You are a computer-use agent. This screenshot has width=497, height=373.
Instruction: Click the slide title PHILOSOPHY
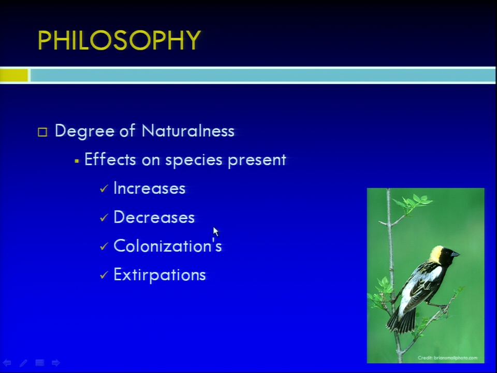click(119, 40)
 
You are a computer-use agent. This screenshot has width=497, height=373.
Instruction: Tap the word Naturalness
click(188, 131)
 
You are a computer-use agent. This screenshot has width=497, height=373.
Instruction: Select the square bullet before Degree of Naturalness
click(42, 132)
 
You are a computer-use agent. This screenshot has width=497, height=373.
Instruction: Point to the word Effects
click(110, 159)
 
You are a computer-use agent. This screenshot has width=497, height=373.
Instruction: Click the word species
click(194, 160)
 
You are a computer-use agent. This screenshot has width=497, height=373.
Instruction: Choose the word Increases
click(150, 188)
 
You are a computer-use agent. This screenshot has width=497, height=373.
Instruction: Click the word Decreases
click(154, 217)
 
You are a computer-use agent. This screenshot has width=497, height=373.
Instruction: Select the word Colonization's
click(168, 246)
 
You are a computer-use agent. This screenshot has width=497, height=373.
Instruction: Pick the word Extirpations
click(160, 275)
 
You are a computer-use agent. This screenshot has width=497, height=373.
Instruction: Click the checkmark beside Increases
click(104, 189)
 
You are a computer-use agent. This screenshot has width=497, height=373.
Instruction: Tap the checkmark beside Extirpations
click(104, 275)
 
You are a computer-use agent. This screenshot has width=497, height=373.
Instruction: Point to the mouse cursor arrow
click(215, 232)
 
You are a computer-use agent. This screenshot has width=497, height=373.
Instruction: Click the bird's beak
click(455, 254)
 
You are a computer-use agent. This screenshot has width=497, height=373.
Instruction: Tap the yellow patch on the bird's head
click(436, 254)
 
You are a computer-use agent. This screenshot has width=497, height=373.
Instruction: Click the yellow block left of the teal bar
click(14, 76)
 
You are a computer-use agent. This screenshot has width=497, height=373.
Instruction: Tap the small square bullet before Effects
click(77, 161)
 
